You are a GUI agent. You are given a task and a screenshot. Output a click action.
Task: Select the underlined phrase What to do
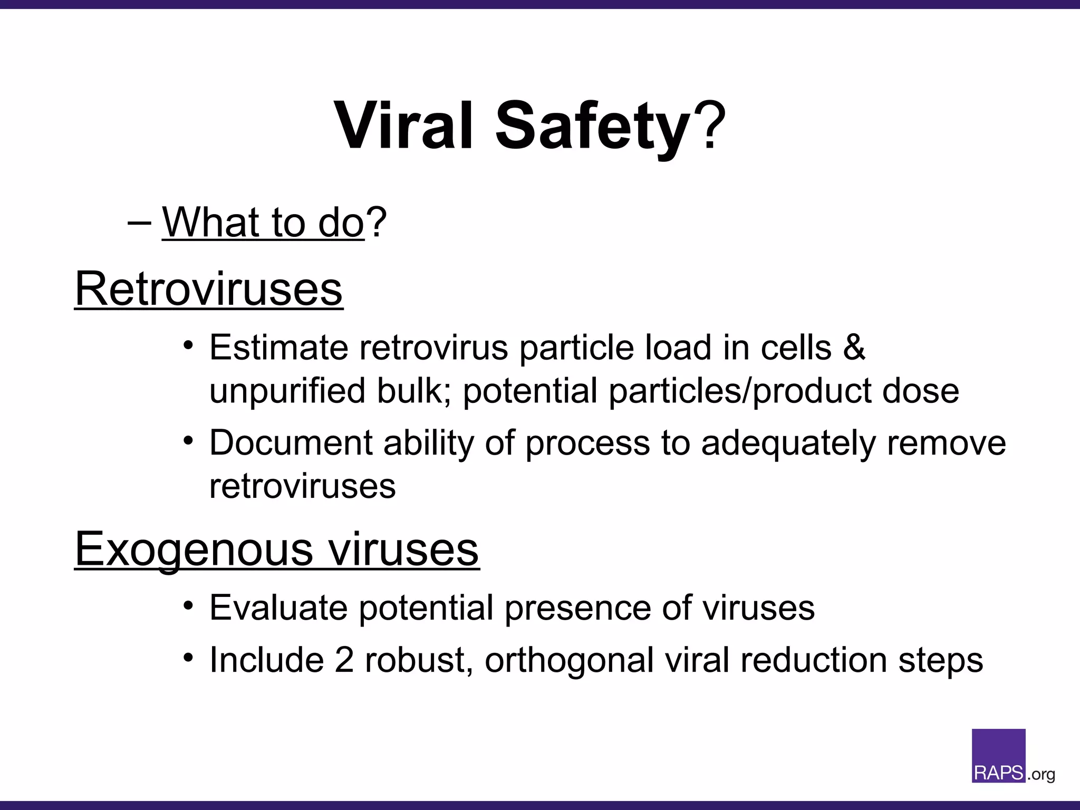(263, 222)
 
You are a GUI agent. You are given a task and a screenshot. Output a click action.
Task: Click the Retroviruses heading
(209, 288)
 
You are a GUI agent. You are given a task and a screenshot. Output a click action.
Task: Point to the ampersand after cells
(854, 348)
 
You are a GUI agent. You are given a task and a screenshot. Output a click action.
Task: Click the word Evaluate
(278, 607)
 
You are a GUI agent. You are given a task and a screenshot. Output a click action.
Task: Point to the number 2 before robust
(344, 660)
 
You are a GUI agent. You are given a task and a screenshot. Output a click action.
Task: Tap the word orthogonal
(569, 661)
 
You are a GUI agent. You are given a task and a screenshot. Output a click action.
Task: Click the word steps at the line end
(940, 661)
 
